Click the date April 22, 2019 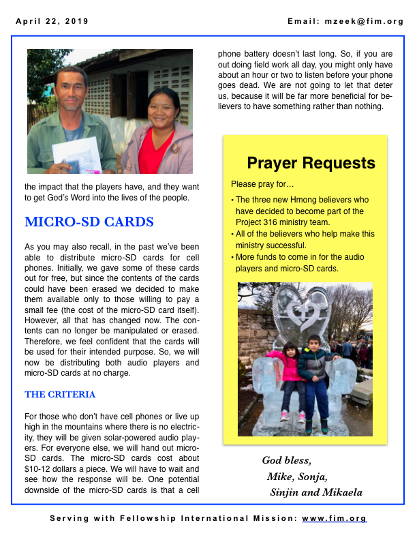[x=52, y=21]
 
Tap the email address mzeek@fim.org [x=364, y=21]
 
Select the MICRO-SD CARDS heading [x=89, y=222]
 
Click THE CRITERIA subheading [x=60, y=394]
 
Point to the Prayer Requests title [x=311, y=163]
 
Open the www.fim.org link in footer [x=334, y=518]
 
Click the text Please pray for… [x=262, y=184]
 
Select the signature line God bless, [x=287, y=460]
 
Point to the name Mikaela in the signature [x=342, y=492]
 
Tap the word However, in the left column [x=41, y=321]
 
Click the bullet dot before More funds [x=233, y=257]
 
